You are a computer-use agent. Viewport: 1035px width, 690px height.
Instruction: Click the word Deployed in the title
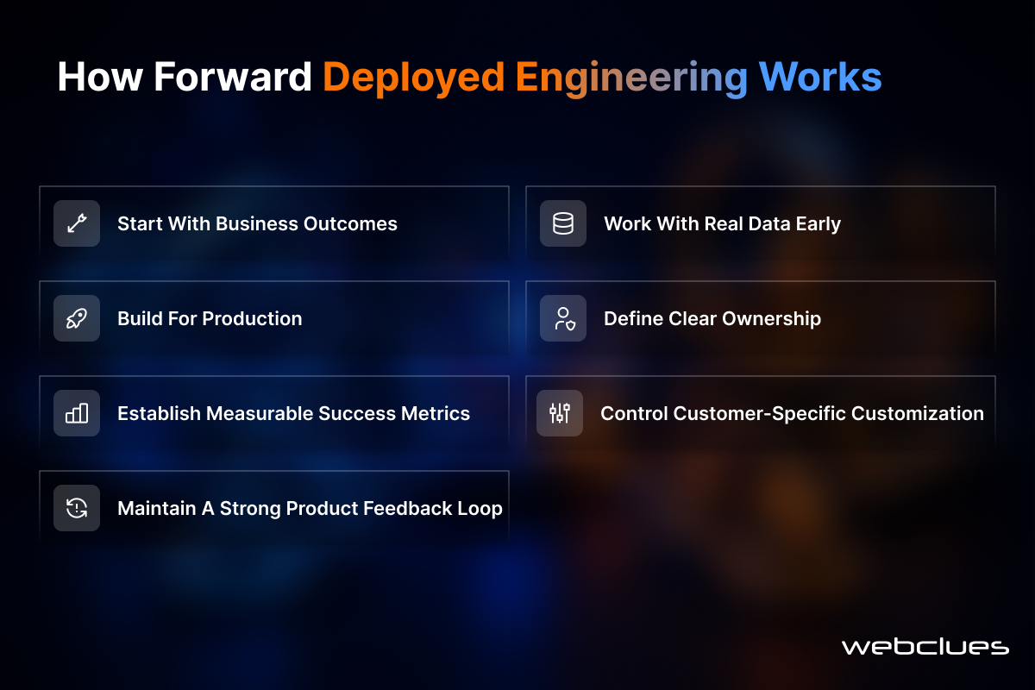tap(413, 78)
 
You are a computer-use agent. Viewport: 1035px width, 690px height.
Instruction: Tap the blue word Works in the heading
tap(820, 76)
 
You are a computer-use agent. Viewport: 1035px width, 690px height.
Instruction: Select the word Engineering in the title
tap(631, 78)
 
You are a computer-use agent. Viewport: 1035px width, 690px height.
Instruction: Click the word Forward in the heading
tap(232, 76)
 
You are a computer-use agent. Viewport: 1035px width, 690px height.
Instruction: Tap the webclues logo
tap(925, 646)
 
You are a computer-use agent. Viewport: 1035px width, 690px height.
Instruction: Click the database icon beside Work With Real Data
tap(562, 223)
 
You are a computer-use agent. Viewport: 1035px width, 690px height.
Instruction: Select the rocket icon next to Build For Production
tap(77, 318)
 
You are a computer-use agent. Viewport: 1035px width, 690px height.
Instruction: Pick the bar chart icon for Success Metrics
tap(77, 413)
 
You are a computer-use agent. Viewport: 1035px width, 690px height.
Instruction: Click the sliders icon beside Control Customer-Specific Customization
tap(560, 413)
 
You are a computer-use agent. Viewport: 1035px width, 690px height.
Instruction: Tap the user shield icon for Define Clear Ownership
tap(564, 318)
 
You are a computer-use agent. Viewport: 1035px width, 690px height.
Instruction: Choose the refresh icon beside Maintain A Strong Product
tap(77, 508)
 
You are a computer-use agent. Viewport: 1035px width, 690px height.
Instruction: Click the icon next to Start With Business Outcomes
tap(77, 223)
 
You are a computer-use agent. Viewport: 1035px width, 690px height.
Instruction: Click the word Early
tap(819, 224)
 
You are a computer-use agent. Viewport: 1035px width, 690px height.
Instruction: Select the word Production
tap(252, 318)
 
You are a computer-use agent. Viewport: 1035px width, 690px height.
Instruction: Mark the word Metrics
tap(436, 413)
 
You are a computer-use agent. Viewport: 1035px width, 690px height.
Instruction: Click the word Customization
tap(918, 413)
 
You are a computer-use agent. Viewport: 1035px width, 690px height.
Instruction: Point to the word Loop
tap(480, 509)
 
